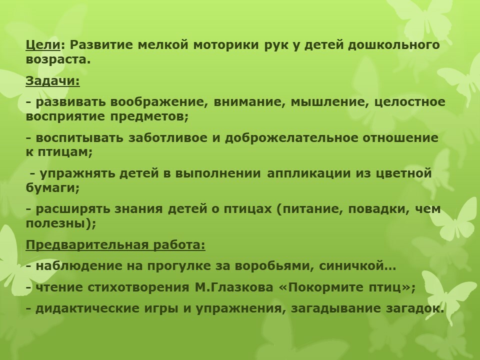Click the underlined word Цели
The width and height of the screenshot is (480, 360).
click(x=43, y=45)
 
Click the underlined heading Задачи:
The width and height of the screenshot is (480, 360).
click(x=52, y=81)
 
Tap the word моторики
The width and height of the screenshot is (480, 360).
click(x=226, y=45)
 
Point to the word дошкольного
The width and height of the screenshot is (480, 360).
click(x=394, y=45)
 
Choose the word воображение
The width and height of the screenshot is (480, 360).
click(x=156, y=101)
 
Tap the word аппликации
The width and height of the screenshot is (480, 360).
click(x=309, y=173)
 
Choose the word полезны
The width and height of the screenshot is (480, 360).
click(x=55, y=223)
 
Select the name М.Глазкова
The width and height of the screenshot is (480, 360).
click(x=233, y=287)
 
